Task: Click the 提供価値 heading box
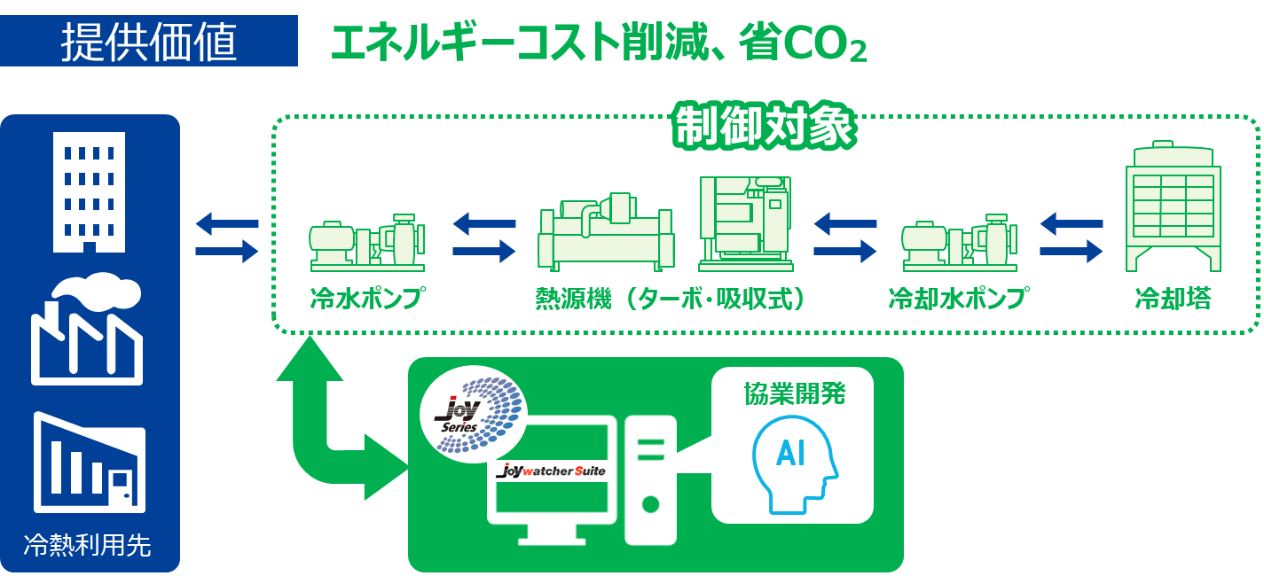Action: coord(148,40)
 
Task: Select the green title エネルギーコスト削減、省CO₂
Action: coord(598,43)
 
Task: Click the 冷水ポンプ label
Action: coord(365,299)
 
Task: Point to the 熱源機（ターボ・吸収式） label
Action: coord(671,299)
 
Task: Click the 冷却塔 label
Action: coord(1173,299)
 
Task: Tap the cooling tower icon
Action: coord(1173,206)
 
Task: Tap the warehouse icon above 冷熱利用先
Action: coord(89,463)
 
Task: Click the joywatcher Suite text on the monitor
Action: coord(552,471)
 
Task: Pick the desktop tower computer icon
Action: coord(650,479)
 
